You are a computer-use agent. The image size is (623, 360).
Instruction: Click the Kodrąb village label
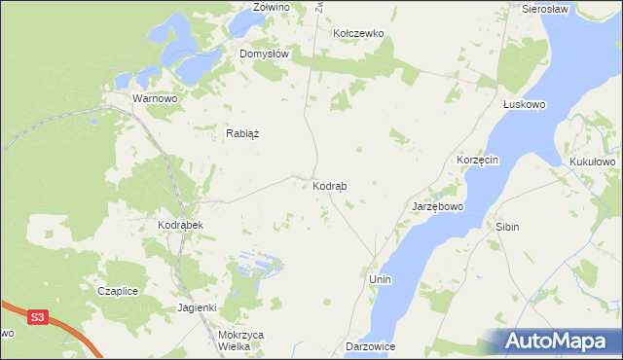coord(331,185)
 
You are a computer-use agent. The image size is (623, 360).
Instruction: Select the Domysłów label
coord(265,54)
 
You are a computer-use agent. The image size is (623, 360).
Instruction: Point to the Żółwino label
coord(272,7)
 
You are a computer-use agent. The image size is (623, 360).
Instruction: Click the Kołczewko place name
coord(359,33)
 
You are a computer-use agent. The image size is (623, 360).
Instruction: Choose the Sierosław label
coord(545,8)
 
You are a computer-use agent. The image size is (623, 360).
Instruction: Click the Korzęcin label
coord(478,159)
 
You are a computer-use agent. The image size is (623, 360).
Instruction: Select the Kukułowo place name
coord(592,162)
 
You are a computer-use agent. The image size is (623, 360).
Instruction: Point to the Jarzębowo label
coord(438,207)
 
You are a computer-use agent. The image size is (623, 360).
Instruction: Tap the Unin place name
coord(380,279)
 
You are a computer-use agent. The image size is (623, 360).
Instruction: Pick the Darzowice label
coord(370,346)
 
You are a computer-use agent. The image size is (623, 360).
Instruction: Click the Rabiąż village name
coord(245,134)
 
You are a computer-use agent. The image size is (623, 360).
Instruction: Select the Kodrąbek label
coord(179,225)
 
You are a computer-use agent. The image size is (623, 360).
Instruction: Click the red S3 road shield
coord(37,317)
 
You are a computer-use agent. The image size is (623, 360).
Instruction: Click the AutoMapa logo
coord(560,341)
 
